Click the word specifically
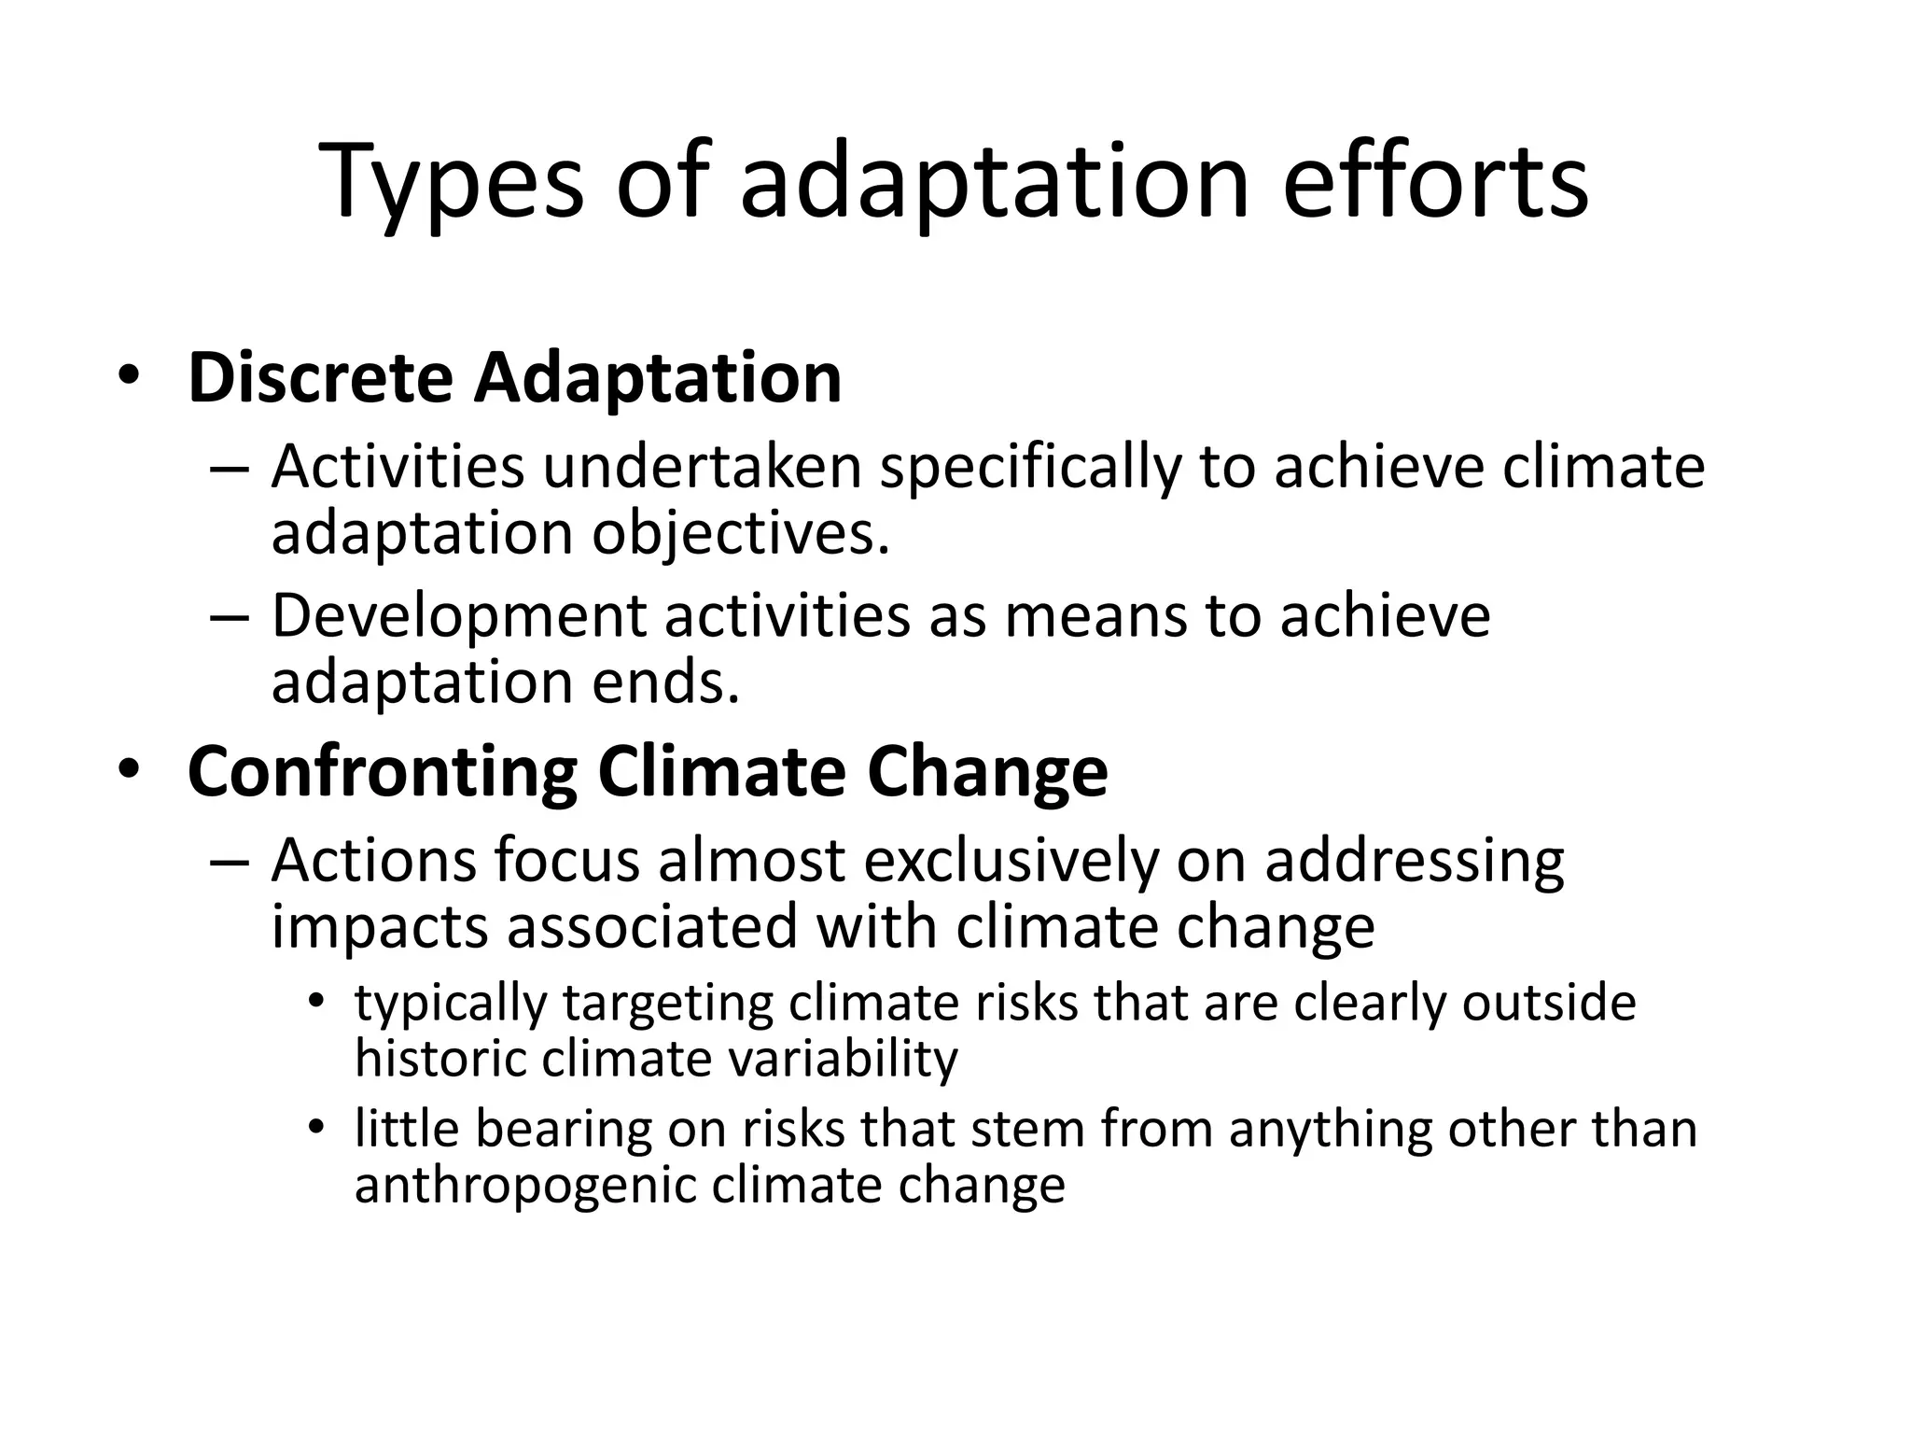1030,470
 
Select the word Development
459,619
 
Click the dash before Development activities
230,617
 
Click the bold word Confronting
383,772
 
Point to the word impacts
379,928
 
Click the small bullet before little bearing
317,1129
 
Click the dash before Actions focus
230,861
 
